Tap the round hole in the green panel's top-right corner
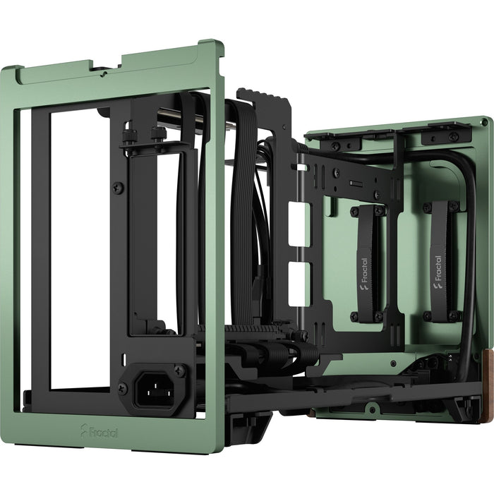coord(484,124)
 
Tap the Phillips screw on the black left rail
coord(119,187)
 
